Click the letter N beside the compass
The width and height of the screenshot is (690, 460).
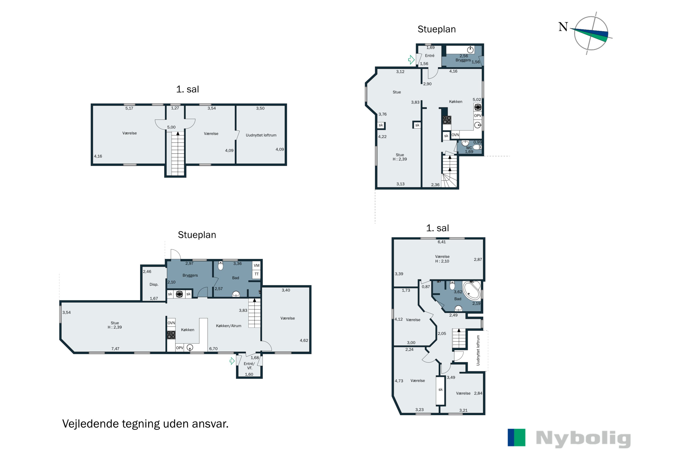click(563, 27)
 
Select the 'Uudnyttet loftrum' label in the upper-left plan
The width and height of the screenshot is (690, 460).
click(261, 135)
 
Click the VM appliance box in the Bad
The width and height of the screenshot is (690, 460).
click(256, 265)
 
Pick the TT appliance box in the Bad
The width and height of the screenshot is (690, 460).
click(256, 274)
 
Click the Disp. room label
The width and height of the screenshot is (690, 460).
click(154, 285)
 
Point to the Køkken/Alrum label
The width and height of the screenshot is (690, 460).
click(229, 326)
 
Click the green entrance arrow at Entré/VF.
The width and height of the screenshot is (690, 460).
click(232, 361)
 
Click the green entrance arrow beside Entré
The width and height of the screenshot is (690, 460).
click(411, 60)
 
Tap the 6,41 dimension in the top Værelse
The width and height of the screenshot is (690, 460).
click(442, 242)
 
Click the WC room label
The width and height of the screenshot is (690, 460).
click(469, 148)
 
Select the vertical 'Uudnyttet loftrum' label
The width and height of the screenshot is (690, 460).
click(478, 350)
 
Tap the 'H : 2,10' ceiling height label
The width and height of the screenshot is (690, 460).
click(442, 261)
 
